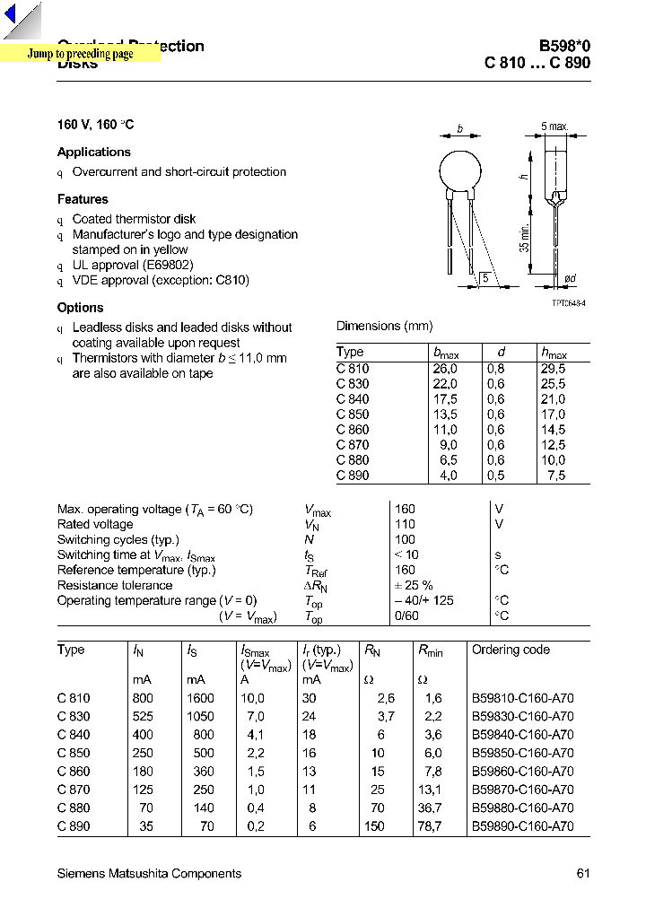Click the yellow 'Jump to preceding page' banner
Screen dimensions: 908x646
(81, 54)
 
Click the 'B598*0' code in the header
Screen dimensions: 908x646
(564, 47)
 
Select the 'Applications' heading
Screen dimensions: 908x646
(94, 153)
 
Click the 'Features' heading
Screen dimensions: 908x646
(83, 199)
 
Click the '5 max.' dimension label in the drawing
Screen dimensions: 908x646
(554, 127)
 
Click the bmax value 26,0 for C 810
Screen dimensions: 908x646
(445, 369)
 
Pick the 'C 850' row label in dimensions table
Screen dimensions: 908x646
(353, 415)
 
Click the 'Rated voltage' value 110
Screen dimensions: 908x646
(405, 525)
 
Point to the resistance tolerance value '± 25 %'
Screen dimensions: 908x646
(414, 585)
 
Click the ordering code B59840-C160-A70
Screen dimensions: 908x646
(522, 735)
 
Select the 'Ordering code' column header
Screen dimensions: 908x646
(511, 650)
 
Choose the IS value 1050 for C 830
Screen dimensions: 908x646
(200, 716)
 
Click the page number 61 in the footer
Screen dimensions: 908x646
(583, 874)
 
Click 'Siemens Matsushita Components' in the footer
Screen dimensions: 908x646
(149, 874)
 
